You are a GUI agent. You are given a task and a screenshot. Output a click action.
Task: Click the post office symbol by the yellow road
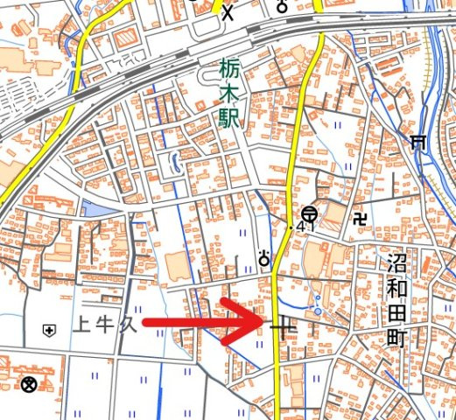[310, 213]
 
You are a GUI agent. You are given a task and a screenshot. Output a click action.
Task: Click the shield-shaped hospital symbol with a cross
[48, 330]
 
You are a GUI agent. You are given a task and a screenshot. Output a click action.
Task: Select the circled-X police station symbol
[29, 383]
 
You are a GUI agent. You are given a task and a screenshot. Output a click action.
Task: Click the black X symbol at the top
[228, 12]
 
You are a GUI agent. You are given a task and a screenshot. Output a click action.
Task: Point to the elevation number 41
[305, 227]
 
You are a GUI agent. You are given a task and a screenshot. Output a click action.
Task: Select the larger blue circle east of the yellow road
[316, 309]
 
